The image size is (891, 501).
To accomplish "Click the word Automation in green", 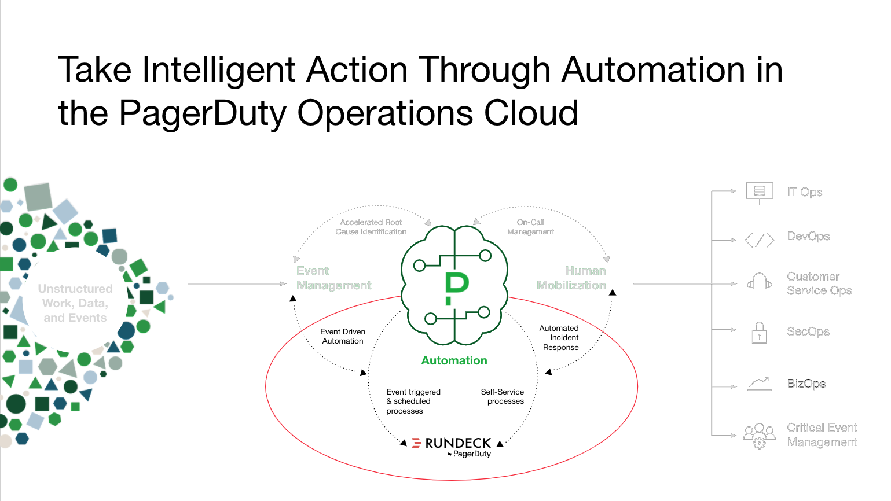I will pos(454,360).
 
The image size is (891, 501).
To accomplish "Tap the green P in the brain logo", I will pos(456,286).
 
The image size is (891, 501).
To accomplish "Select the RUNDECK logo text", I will pos(457,443).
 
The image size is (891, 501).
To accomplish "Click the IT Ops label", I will pos(804,192).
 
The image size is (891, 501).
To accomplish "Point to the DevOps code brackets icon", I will pos(759,240).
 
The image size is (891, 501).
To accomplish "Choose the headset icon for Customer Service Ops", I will pos(759,282).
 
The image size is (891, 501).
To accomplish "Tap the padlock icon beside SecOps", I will pos(759,333).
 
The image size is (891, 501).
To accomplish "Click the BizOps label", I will pos(806,384).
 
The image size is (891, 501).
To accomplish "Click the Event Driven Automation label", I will pos(343,336).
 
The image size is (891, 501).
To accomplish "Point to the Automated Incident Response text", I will pos(560,338).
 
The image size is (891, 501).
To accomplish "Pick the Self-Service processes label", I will pos(503,396).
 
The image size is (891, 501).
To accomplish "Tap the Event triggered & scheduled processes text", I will pos(413,401).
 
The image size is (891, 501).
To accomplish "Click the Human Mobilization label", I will pos(571,278).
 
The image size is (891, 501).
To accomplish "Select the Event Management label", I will pos(333,278).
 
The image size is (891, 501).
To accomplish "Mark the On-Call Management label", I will pos(530,227).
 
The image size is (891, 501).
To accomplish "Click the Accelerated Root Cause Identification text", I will pos(371,227).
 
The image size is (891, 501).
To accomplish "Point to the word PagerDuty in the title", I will pos(202,113).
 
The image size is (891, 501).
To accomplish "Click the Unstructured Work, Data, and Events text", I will pos(75,303).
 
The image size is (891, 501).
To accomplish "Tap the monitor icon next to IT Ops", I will pos(759,191).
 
